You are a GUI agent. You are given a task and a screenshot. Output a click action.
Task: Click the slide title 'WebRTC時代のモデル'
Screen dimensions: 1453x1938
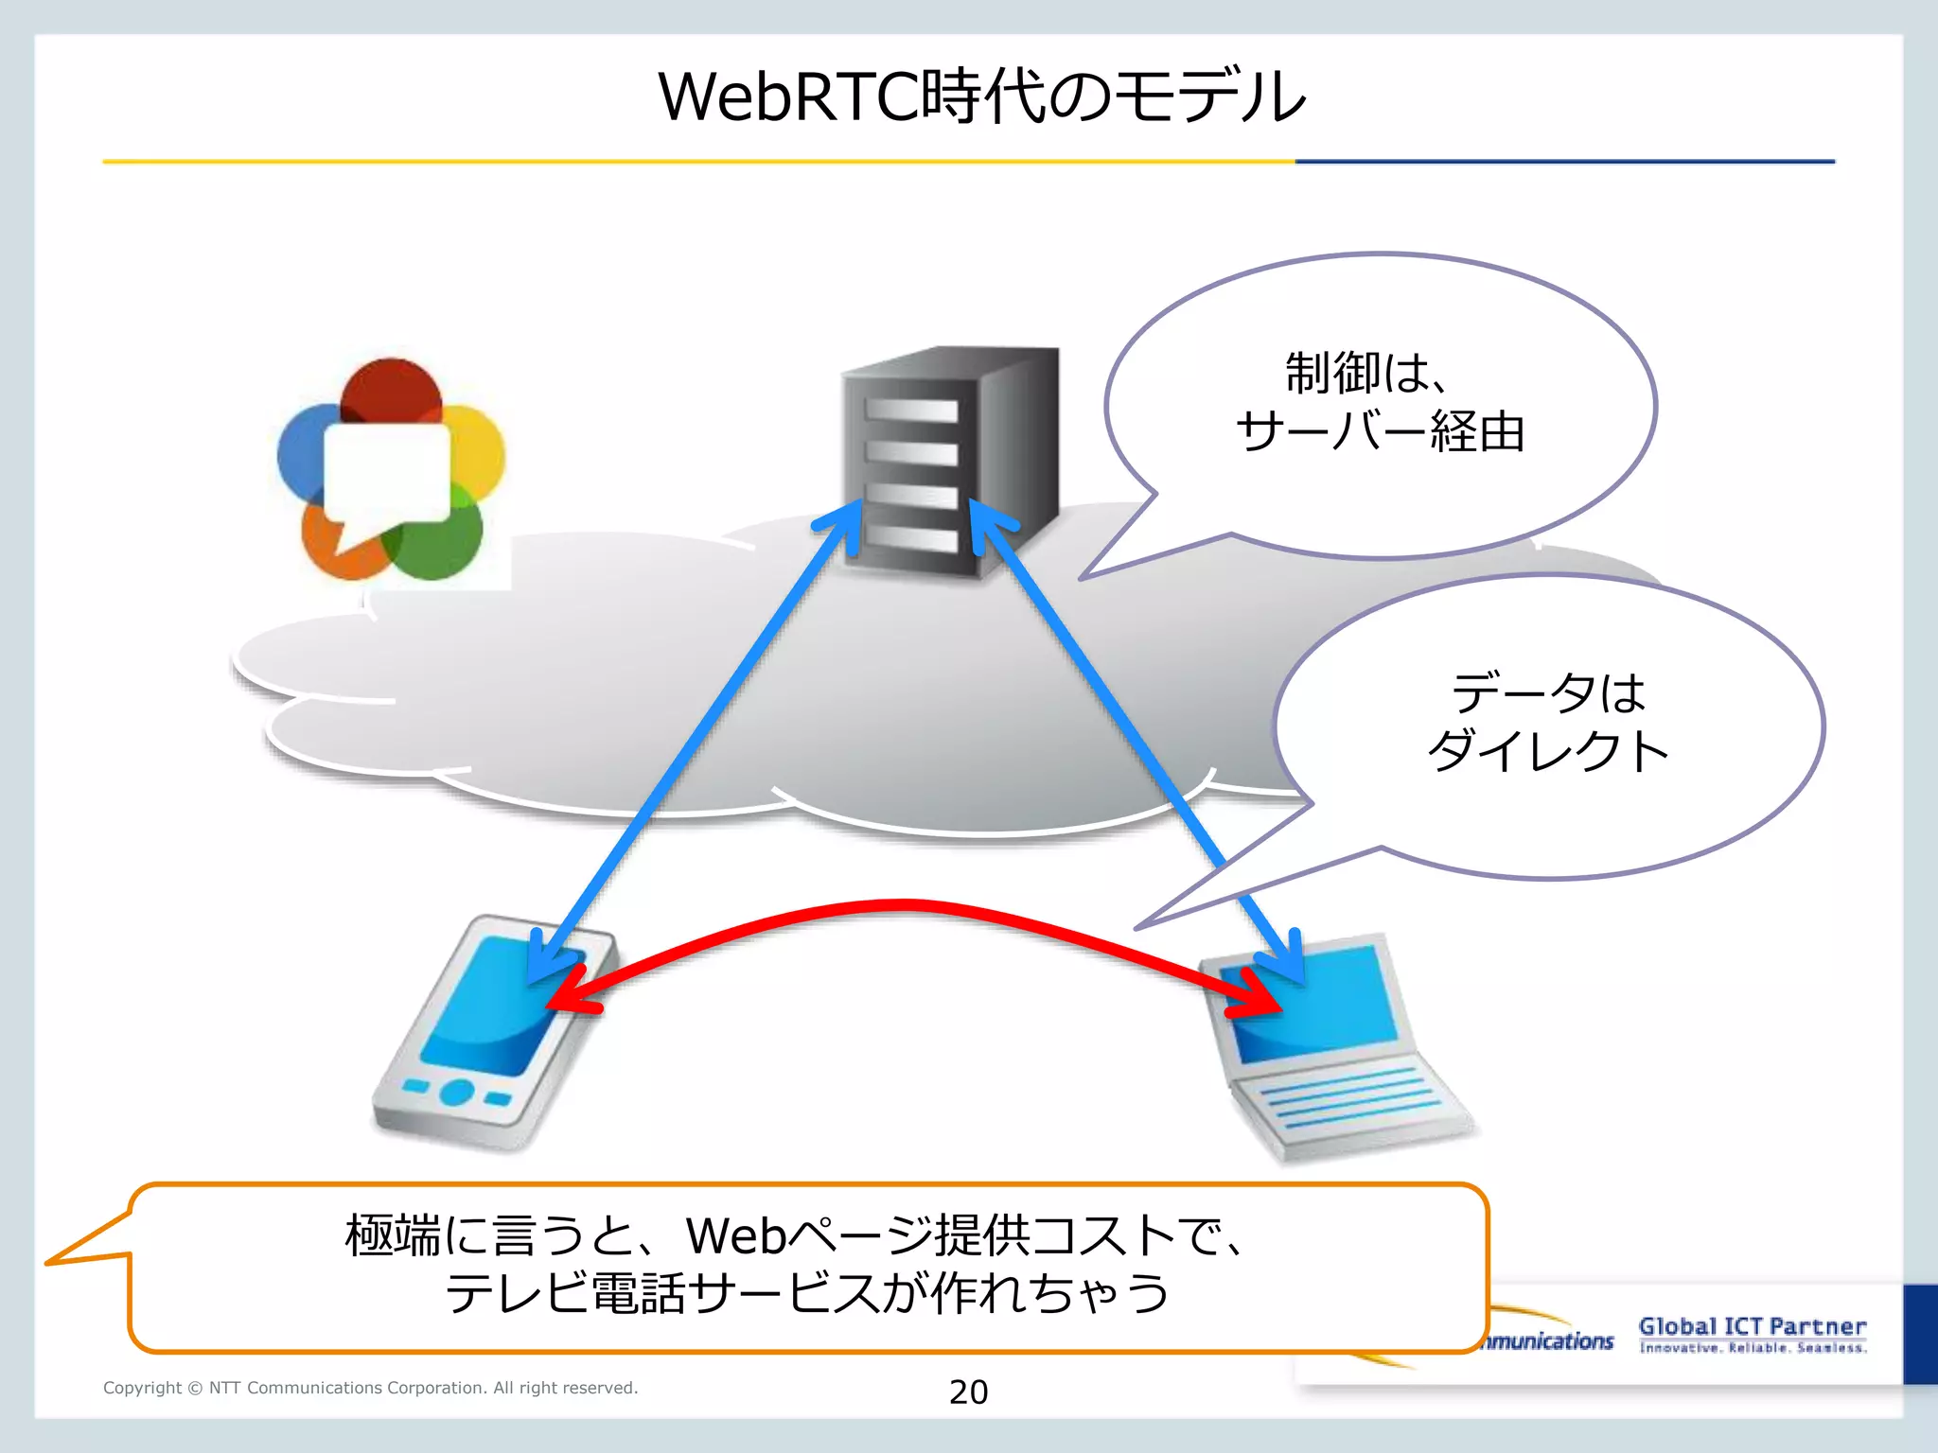point(981,97)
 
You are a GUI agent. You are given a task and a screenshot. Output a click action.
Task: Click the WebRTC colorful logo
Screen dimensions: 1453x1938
point(390,468)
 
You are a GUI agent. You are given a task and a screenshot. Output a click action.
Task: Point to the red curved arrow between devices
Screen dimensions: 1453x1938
point(904,906)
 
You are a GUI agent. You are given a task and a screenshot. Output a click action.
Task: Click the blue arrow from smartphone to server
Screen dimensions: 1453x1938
point(691,738)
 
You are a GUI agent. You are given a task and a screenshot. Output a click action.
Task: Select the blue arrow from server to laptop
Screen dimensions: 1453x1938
point(1136,738)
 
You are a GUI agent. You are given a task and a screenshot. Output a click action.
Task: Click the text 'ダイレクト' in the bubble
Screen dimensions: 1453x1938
point(1548,752)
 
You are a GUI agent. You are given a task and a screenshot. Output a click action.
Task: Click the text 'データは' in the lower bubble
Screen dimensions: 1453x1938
point(1548,693)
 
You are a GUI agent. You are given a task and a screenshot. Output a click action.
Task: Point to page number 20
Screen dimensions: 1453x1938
point(968,1392)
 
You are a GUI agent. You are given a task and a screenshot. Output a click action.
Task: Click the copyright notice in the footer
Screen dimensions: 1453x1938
point(370,1388)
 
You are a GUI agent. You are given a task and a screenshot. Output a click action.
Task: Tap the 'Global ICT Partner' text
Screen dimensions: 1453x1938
point(1752,1326)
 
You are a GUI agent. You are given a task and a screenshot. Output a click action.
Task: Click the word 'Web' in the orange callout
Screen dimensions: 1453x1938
point(736,1235)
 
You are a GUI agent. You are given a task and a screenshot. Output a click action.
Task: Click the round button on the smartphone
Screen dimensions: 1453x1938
point(457,1093)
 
